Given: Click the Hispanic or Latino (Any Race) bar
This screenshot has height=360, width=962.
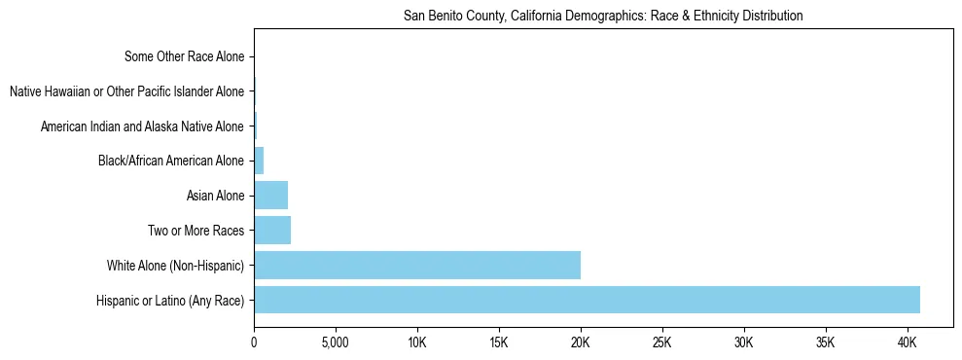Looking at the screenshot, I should coord(587,300).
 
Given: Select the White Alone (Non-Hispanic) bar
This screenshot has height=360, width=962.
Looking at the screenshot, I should coord(417,265).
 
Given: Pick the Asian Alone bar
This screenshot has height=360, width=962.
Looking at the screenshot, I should coord(270,196).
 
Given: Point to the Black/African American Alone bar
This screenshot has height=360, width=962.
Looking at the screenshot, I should coord(259,161).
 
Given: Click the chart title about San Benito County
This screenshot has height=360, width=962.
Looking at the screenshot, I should coord(603,17).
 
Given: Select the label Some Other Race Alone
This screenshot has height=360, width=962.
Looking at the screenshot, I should coord(185,56).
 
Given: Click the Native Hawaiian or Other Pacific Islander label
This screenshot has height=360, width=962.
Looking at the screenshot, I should coord(126,91).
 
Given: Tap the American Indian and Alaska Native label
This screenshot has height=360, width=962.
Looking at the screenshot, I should coord(142,126).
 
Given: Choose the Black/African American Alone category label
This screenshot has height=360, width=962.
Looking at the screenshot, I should coord(171,162).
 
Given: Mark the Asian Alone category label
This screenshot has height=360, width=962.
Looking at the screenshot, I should coord(215,197).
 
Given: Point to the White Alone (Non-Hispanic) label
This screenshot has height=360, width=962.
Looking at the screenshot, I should coord(175,266).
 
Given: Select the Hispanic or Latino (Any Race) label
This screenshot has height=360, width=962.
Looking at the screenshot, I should coord(170,301).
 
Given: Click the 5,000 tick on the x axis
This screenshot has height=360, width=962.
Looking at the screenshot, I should coord(336,343).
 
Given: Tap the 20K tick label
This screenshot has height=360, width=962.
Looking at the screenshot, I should coord(581,343).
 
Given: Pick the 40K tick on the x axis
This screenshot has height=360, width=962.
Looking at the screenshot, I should coord(908,343).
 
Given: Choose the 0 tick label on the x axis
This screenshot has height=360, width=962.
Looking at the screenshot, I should coord(254,343).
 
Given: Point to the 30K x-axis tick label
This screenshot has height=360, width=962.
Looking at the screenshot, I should coord(744,343).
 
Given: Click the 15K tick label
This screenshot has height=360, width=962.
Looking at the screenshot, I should coord(499,343).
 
